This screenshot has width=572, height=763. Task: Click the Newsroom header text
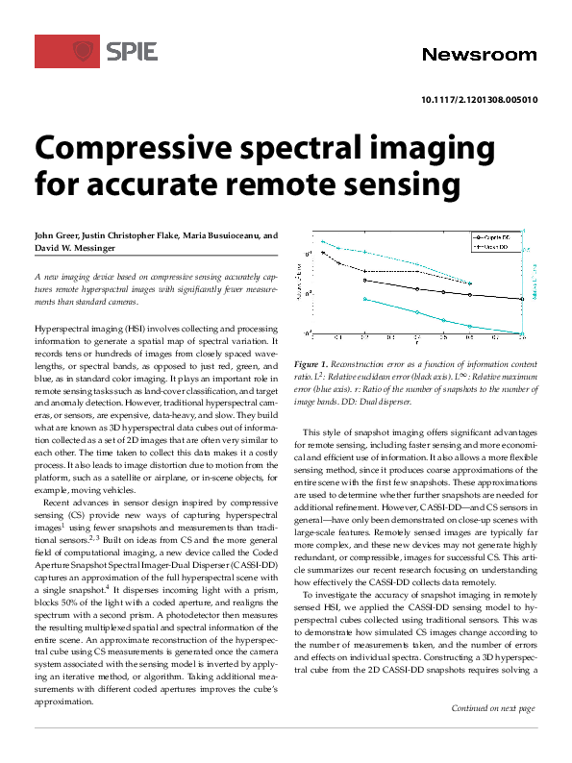[x=480, y=55]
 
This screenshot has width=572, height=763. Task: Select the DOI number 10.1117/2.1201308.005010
[x=480, y=99]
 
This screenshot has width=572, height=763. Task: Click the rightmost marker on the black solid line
[x=521, y=299]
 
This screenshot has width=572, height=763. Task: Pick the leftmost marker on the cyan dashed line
[x=322, y=241]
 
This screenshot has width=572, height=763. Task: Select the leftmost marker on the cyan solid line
[x=365, y=299]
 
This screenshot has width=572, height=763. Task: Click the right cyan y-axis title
[x=535, y=286]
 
